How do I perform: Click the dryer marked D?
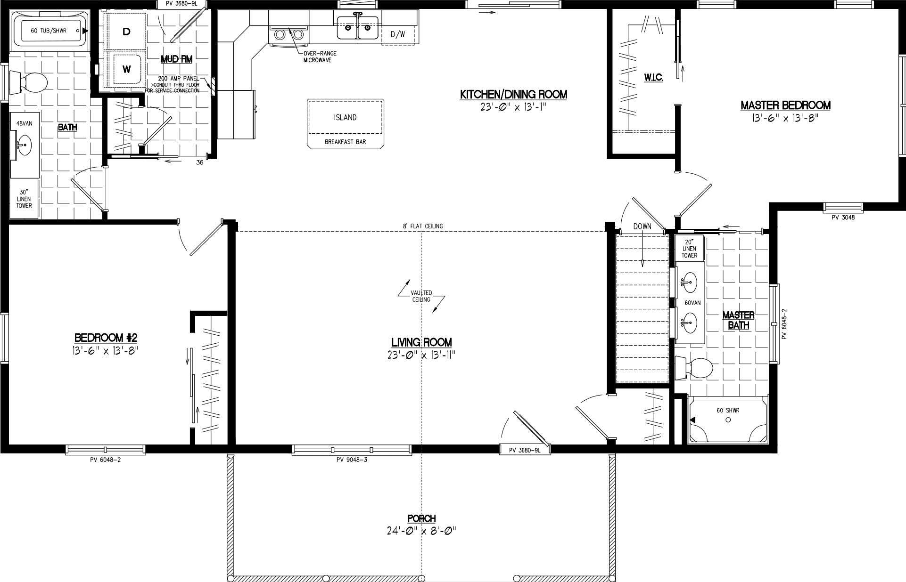126,32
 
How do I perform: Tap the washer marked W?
126,69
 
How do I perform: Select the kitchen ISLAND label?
345,117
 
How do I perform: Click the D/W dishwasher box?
398,34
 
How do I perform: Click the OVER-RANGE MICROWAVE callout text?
320,57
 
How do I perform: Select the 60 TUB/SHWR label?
49,31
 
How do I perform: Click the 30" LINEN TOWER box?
25,199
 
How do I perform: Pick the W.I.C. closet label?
653,78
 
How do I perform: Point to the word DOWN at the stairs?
642,226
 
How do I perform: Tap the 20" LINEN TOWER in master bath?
689,248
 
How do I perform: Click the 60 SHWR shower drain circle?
728,420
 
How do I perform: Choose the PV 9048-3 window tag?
352,460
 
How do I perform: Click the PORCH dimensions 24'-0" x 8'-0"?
421,531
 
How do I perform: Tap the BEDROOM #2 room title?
106,338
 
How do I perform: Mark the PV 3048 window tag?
842,218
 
